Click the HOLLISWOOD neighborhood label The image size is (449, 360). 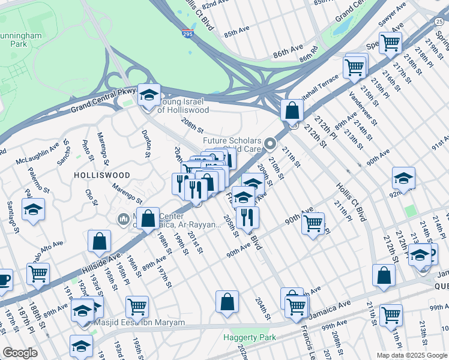pos(101,175)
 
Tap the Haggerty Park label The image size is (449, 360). pos(250,338)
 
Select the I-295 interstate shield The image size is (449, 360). pos(188,35)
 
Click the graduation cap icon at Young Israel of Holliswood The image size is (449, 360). pos(149,95)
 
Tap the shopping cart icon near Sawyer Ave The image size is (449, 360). pos(390,43)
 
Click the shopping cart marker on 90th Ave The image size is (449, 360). pos(313,224)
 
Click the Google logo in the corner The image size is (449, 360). pos(20,353)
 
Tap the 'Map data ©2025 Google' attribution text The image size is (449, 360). pos(411,355)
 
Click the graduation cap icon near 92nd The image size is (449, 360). pos(403,178)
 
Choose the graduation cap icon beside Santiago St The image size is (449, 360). pos(34,209)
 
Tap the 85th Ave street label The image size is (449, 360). pos(237,29)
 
